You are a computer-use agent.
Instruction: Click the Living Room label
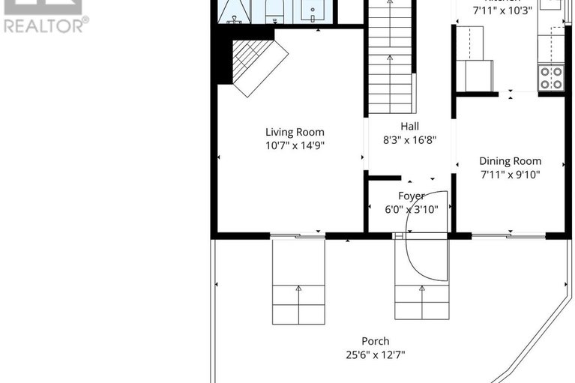pos(295,132)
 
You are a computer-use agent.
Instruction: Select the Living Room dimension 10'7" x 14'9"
pos(295,146)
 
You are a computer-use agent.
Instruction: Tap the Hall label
pos(409,126)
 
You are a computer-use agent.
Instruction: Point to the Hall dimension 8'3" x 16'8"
pos(409,139)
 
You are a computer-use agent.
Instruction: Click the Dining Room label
pos(510,161)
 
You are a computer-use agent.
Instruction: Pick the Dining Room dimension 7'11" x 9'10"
pos(510,175)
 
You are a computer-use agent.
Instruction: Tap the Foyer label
pos(411,196)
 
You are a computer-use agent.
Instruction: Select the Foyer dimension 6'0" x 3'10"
pos(411,209)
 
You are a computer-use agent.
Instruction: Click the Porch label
pos(375,341)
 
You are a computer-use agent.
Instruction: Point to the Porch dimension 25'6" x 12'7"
pos(375,355)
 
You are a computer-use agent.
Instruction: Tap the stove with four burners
pos(552,77)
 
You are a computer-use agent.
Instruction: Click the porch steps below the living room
pos(298,281)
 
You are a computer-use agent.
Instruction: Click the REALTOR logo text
pos(45,25)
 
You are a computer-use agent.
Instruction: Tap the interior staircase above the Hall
pos(389,60)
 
